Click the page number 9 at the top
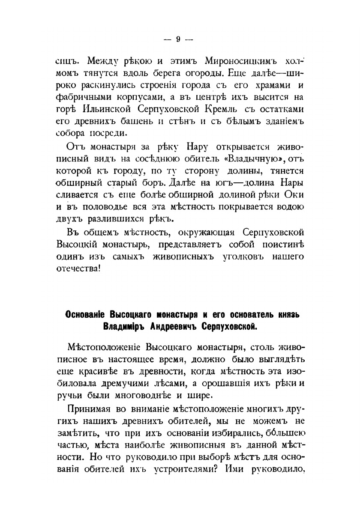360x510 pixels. tap(178, 39)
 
